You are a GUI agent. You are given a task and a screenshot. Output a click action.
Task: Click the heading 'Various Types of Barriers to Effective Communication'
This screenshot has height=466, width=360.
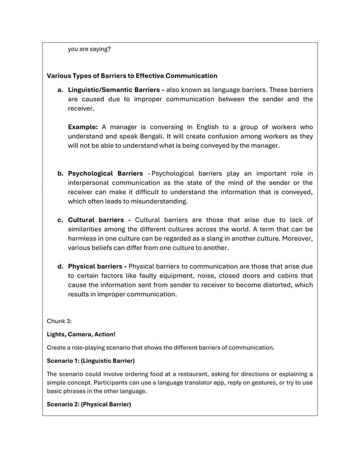[131, 76]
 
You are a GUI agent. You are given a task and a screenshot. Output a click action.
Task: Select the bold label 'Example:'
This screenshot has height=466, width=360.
[83, 127]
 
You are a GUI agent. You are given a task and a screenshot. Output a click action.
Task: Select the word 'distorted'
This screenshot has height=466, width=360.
[278, 284]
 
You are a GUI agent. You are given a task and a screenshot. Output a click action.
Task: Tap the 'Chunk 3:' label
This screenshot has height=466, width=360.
[59, 320]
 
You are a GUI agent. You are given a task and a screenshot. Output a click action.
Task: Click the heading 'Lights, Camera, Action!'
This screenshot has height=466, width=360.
[81, 334]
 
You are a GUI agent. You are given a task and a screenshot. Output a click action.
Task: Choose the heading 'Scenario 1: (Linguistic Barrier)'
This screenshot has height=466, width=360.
[90, 360]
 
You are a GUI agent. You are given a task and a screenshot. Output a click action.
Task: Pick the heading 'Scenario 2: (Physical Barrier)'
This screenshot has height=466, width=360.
[89, 405]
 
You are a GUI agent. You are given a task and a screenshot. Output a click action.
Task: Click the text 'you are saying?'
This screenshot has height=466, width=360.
[89, 49]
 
